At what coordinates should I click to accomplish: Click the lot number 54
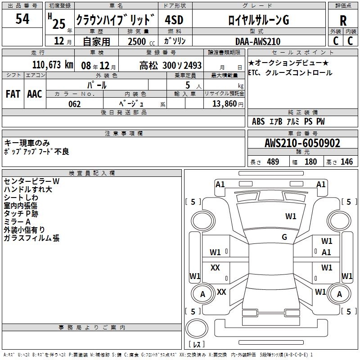[x=22, y=19]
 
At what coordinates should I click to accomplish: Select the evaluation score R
[x=343, y=21]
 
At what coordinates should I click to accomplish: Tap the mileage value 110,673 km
[x=53, y=65]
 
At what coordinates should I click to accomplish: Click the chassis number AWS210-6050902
[x=302, y=144]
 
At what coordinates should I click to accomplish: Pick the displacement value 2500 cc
[x=138, y=41]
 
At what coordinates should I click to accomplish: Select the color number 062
[x=75, y=104]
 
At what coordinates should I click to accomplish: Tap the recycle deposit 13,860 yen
[x=227, y=104]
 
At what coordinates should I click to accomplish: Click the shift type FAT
[x=13, y=94]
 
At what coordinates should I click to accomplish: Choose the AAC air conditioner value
[x=35, y=94]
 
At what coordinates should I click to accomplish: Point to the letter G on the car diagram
[x=284, y=237]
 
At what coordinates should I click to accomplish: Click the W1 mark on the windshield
[x=291, y=216]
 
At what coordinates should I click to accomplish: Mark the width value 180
[x=310, y=162]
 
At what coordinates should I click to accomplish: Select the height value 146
[x=346, y=162]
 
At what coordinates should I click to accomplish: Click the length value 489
[x=273, y=162]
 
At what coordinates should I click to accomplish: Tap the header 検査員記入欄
[x=92, y=173]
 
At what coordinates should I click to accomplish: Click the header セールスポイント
[x=302, y=53]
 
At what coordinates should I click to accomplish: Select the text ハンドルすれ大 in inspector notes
[x=28, y=189]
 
